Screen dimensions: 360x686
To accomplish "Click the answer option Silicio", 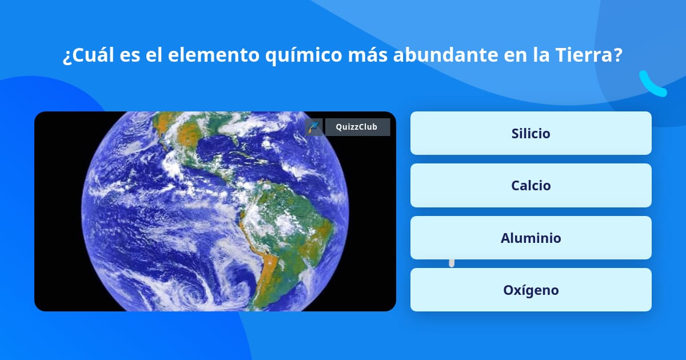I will [x=531, y=133].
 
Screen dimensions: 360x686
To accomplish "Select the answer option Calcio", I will [x=531, y=185].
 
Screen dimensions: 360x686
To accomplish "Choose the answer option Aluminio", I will [x=531, y=238].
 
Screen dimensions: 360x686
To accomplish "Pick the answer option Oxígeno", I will [x=531, y=290].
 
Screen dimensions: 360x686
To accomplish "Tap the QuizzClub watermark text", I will [x=357, y=127].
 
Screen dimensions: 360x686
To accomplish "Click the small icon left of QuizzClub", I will [x=314, y=127].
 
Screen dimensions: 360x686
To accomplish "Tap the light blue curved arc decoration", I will [x=652, y=85].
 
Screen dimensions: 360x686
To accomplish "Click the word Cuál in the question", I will [x=95, y=56].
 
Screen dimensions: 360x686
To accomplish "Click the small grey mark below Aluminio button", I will [x=452, y=263].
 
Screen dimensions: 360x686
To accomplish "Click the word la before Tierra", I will [x=543, y=56].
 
